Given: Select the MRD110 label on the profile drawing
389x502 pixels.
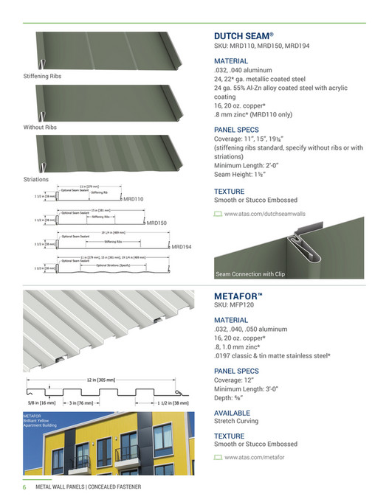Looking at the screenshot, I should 133,199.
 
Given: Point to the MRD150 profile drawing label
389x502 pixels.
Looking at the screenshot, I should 156,222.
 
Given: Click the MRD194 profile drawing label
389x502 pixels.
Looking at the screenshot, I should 181,247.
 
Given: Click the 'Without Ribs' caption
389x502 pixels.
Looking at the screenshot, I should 41,128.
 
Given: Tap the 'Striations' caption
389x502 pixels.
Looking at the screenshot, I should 37,179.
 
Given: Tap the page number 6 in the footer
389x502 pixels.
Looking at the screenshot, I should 24,487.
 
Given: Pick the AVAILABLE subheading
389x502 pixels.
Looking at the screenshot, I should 233,412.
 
